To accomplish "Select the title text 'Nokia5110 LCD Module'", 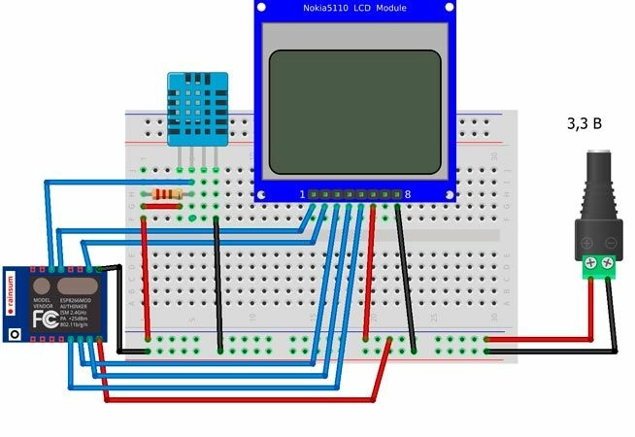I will pos(354,9).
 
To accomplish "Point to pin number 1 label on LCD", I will pos(301,194).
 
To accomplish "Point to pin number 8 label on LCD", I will pos(408,194).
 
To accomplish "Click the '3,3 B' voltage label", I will pos(585,123).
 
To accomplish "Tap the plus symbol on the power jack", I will pos(586,242).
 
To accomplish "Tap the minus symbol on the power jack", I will pos(611,242).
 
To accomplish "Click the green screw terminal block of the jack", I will pos(599,265).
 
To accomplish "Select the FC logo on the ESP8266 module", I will pos(44,318).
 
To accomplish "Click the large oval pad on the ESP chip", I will pos(73,286).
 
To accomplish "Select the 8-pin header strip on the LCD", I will pos(354,194).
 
